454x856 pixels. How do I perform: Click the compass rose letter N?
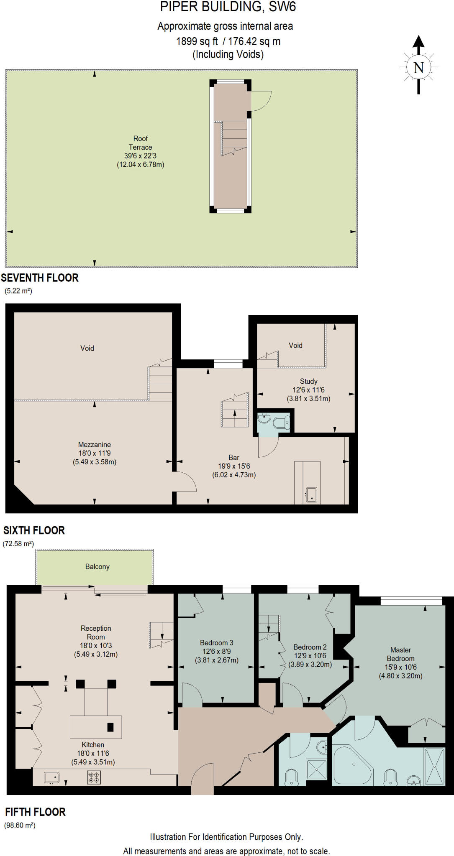tap(418, 67)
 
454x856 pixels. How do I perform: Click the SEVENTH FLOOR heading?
tap(40, 278)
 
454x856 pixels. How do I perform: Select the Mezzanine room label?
tap(94, 445)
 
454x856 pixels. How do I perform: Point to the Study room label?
tap(308, 381)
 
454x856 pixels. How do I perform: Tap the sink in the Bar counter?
tap(311, 495)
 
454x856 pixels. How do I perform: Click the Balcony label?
tap(97, 567)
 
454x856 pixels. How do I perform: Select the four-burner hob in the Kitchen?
tap(94, 777)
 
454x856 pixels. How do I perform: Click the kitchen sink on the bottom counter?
tap(51, 777)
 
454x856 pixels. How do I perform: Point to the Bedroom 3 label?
tap(216, 643)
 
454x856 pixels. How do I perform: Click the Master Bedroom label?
tap(400, 654)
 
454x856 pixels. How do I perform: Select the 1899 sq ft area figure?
tap(197, 41)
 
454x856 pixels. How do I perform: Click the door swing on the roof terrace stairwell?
tap(261, 100)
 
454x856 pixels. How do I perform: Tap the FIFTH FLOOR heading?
tap(36, 812)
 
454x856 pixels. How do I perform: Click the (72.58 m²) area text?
tap(18, 544)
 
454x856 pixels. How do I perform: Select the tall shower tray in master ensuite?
tap(434, 767)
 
